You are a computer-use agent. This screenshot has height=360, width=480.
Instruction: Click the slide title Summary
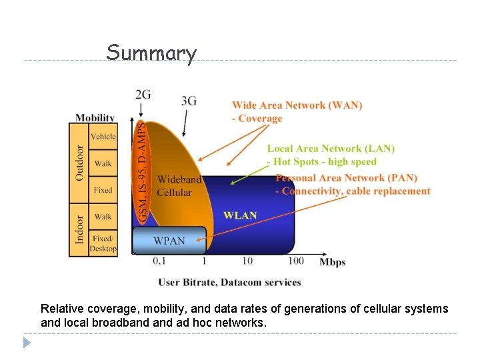pyautogui.click(x=151, y=53)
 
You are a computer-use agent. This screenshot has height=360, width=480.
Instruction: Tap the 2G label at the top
pyautogui.click(x=143, y=94)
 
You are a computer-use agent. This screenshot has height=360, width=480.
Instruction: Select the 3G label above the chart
pyautogui.click(x=189, y=101)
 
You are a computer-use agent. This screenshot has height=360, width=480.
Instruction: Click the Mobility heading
pyautogui.click(x=95, y=118)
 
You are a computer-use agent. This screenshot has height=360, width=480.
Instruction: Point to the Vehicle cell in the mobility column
pyautogui.click(x=103, y=137)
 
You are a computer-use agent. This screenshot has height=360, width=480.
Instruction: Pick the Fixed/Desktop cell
pyautogui.click(x=103, y=243)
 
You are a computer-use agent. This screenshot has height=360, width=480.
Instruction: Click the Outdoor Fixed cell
pyautogui.click(x=103, y=190)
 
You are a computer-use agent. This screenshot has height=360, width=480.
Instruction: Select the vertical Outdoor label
pyautogui.click(x=79, y=163)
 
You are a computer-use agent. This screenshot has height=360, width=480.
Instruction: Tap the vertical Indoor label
pyautogui.click(x=79, y=229)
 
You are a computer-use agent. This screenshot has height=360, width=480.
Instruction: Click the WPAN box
pyautogui.click(x=169, y=240)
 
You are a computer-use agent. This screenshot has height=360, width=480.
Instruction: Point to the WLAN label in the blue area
pyautogui.click(x=240, y=215)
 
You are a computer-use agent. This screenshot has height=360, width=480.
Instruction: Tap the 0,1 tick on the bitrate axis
pyautogui.click(x=160, y=261)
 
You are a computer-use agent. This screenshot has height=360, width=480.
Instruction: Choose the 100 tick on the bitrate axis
pyautogui.click(x=296, y=261)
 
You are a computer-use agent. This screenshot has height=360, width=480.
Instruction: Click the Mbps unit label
pyautogui.click(x=332, y=262)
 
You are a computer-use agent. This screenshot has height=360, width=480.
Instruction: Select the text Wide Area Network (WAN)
pyautogui.click(x=297, y=105)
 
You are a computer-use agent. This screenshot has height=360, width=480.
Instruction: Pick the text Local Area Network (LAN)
pyautogui.click(x=331, y=149)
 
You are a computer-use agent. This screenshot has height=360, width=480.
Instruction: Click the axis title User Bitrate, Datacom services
pyautogui.click(x=229, y=282)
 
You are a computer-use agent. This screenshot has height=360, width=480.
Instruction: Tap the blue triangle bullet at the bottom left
pyautogui.click(x=27, y=343)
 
